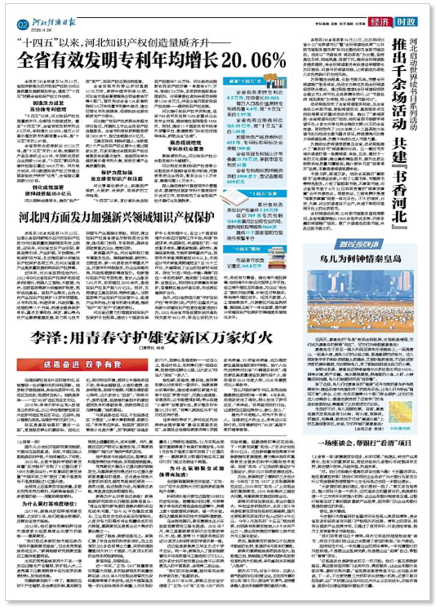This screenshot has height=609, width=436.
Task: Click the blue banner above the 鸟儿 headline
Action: click(363, 265)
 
